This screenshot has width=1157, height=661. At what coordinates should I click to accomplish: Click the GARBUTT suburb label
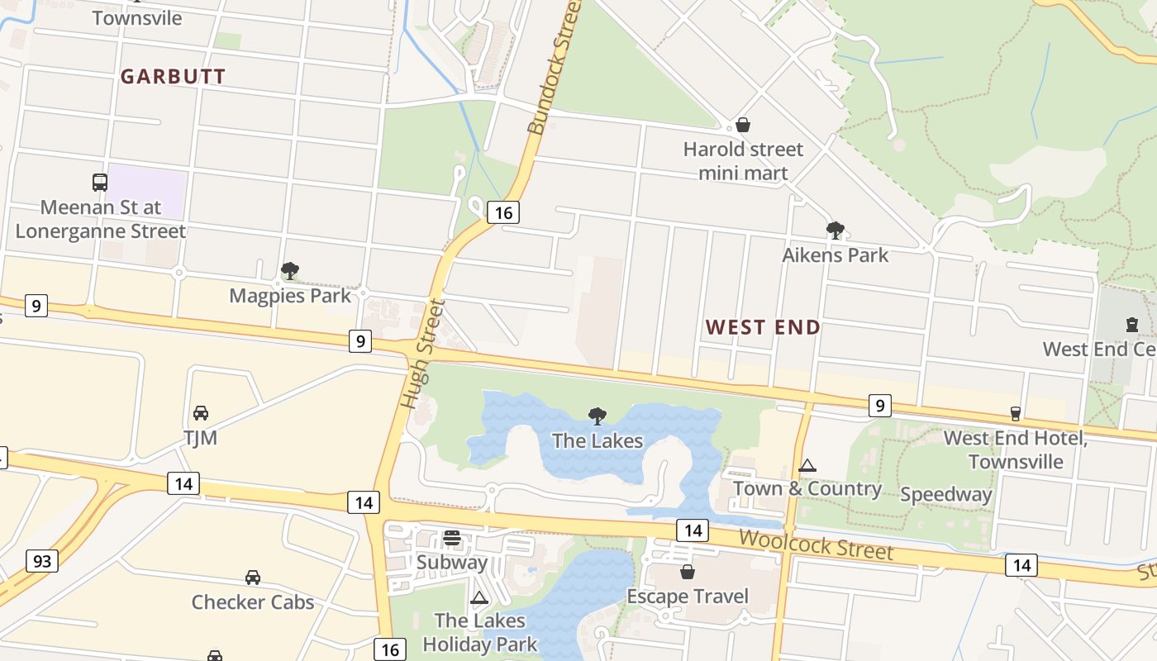pos(173,77)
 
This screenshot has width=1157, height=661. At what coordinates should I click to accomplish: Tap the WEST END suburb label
pos(763,327)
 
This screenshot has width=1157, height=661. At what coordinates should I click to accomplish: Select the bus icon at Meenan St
pos(100,183)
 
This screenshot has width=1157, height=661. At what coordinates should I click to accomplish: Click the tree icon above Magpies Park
pos(289,270)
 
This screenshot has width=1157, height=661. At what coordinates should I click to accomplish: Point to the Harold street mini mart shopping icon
pos(743,126)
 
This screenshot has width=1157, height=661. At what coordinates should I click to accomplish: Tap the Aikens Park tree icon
pos(835,230)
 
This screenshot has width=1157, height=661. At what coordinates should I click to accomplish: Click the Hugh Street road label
pos(423,354)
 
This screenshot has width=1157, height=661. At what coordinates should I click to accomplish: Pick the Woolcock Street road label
pos(816,545)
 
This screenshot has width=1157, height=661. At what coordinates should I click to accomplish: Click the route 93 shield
pos(42,562)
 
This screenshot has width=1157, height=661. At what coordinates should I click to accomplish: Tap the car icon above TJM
pos(200,412)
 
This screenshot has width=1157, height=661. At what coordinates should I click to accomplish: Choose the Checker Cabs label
pos(253,602)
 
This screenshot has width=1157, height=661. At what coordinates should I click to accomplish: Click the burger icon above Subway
pos(451,538)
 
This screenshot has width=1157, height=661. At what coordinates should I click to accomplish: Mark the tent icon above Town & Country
pos(807,465)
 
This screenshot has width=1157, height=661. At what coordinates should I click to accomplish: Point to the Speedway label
pos(945,495)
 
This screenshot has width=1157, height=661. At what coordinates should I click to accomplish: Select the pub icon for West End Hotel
pos(1015,413)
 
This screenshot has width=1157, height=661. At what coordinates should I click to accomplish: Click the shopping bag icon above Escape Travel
pos(687,572)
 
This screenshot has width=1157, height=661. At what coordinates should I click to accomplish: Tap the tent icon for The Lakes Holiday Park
pos(479,597)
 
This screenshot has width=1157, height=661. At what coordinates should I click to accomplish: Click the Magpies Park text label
pos(290,296)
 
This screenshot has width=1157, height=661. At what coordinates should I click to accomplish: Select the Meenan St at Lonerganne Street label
pos(101,219)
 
